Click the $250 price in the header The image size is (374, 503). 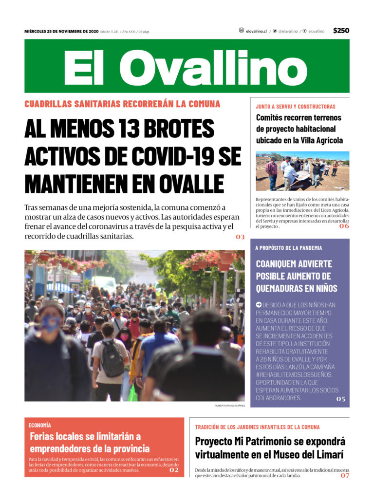pos(341,31)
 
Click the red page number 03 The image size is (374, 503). pos(240,237)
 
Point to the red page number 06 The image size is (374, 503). pos(344,226)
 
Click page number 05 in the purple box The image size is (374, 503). pos(340,399)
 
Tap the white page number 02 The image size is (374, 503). pos(174,470)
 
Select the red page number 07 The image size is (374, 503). pos(345,475)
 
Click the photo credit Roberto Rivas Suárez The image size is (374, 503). pos(229,405)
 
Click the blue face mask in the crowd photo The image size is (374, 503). pos(51,323)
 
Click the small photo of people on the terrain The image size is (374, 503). pos(302,171)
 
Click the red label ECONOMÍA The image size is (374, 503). pos(39,425)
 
